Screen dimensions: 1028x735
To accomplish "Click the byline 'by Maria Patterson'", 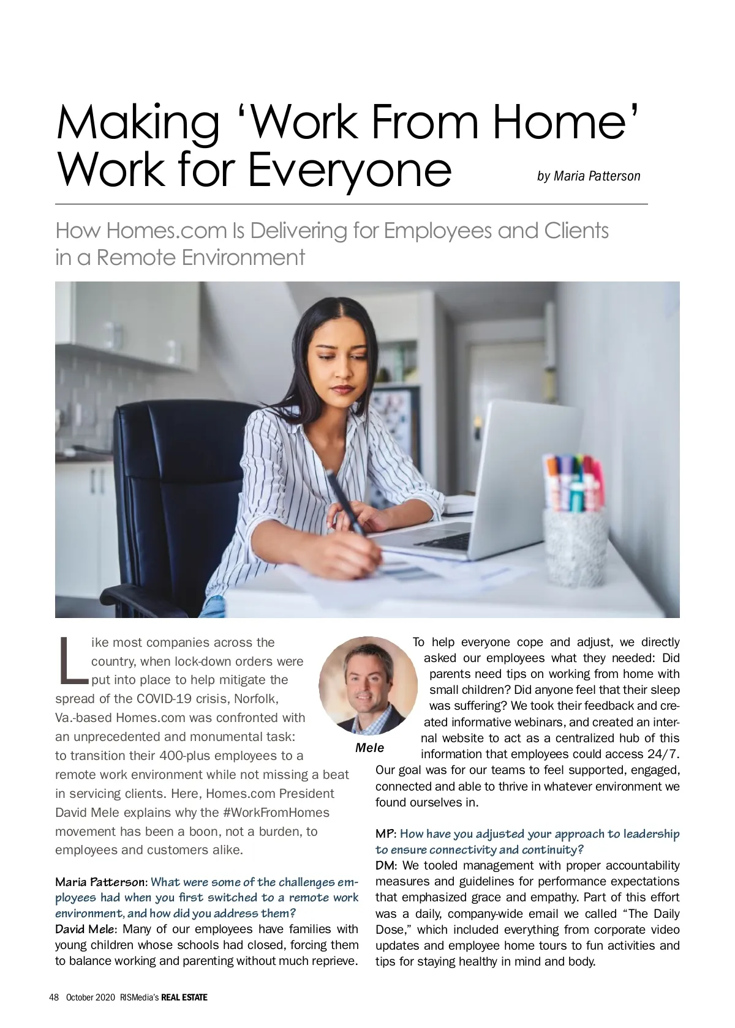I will click(588, 176).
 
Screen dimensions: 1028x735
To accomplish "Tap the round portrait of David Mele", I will click(369, 685).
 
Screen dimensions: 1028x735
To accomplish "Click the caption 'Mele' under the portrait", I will click(369, 748).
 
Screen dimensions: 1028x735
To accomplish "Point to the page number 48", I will click(54, 997).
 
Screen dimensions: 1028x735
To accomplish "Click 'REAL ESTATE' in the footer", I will click(184, 997).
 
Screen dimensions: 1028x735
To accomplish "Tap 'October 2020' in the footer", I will click(90, 997).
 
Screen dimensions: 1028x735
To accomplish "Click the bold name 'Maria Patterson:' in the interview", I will click(101, 882).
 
